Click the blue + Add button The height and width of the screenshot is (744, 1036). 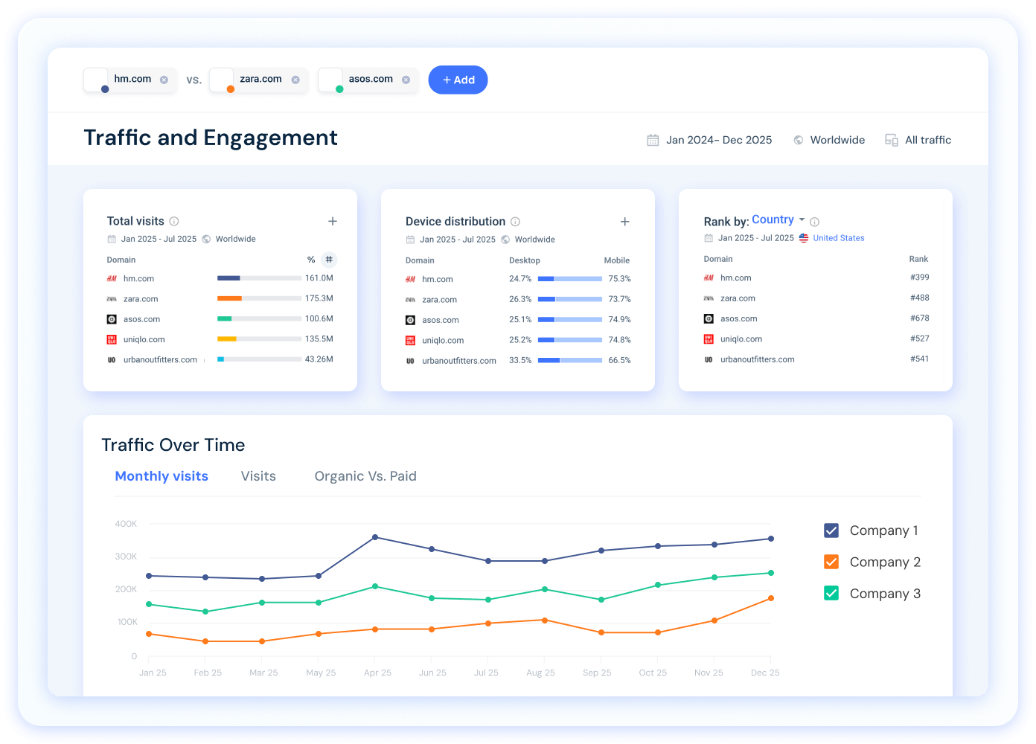click(x=458, y=80)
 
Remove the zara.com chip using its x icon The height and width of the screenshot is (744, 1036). click(x=295, y=80)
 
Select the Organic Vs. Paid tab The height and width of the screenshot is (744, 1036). click(x=365, y=476)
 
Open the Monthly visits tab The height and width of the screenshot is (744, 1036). click(x=162, y=476)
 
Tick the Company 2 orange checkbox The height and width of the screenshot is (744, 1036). click(x=831, y=562)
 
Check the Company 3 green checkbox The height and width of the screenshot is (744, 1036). click(x=831, y=593)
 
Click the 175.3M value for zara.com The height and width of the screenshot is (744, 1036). click(x=319, y=298)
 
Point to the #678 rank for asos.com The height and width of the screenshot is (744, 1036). click(x=919, y=318)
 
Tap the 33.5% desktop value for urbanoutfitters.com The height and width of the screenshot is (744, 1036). click(x=520, y=360)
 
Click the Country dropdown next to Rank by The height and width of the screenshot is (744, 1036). click(x=778, y=219)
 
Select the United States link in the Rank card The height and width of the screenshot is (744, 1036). click(x=838, y=238)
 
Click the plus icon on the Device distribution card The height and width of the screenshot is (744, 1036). click(x=625, y=222)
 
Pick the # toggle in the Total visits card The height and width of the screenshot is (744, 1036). click(x=329, y=260)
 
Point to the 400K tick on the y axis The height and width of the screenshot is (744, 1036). click(x=126, y=524)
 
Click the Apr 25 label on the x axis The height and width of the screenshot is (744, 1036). click(x=377, y=673)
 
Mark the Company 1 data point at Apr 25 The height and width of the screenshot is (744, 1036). click(x=375, y=537)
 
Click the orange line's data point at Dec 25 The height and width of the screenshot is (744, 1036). click(x=771, y=598)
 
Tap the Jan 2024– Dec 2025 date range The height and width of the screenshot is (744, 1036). click(x=718, y=140)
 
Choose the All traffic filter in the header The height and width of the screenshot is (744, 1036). click(x=927, y=140)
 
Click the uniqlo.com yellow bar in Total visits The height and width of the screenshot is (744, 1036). click(x=227, y=339)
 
